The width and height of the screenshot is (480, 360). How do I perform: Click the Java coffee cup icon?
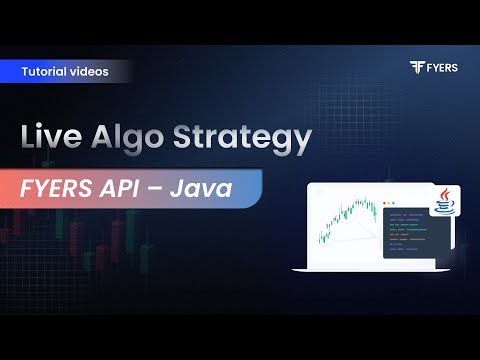[x=443, y=205]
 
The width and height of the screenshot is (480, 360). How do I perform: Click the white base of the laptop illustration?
[x=370, y=267]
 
